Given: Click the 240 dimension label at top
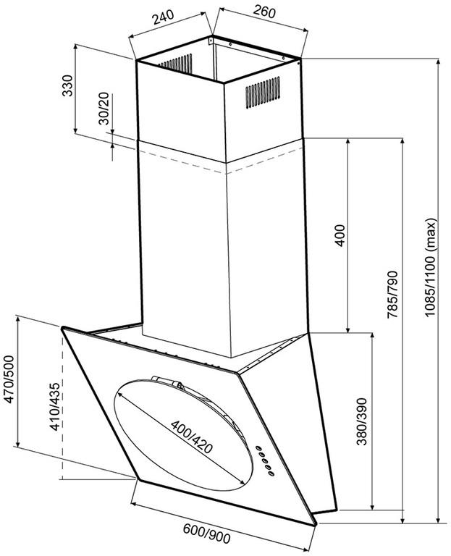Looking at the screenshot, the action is click(x=164, y=17).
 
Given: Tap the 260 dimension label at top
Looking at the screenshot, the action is click(x=264, y=12).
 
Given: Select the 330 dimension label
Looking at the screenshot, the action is click(x=67, y=85).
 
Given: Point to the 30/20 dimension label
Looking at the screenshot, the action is click(x=104, y=109).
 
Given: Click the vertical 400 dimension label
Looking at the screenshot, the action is click(x=340, y=235).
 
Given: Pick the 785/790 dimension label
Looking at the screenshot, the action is click(x=392, y=295).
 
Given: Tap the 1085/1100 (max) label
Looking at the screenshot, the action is click(x=431, y=268).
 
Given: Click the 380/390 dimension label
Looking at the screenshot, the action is click(x=361, y=421).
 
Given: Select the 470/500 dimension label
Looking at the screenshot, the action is click(x=9, y=379).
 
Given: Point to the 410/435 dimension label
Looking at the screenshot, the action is click(x=55, y=407).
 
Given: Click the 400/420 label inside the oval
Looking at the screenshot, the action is click(x=192, y=437).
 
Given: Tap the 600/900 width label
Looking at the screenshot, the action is click(x=207, y=533).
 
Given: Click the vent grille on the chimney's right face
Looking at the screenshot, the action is click(x=263, y=92).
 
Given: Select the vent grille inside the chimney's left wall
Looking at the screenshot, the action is click(x=175, y=64).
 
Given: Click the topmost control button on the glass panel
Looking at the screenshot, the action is click(x=258, y=448).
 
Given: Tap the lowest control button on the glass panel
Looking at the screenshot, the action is click(x=271, y=473).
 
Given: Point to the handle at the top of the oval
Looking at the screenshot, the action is click(x=167, y=382).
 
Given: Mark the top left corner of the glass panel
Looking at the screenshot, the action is click(x=63, y=329).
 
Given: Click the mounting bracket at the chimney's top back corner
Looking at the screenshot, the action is click(x=211, y=40).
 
